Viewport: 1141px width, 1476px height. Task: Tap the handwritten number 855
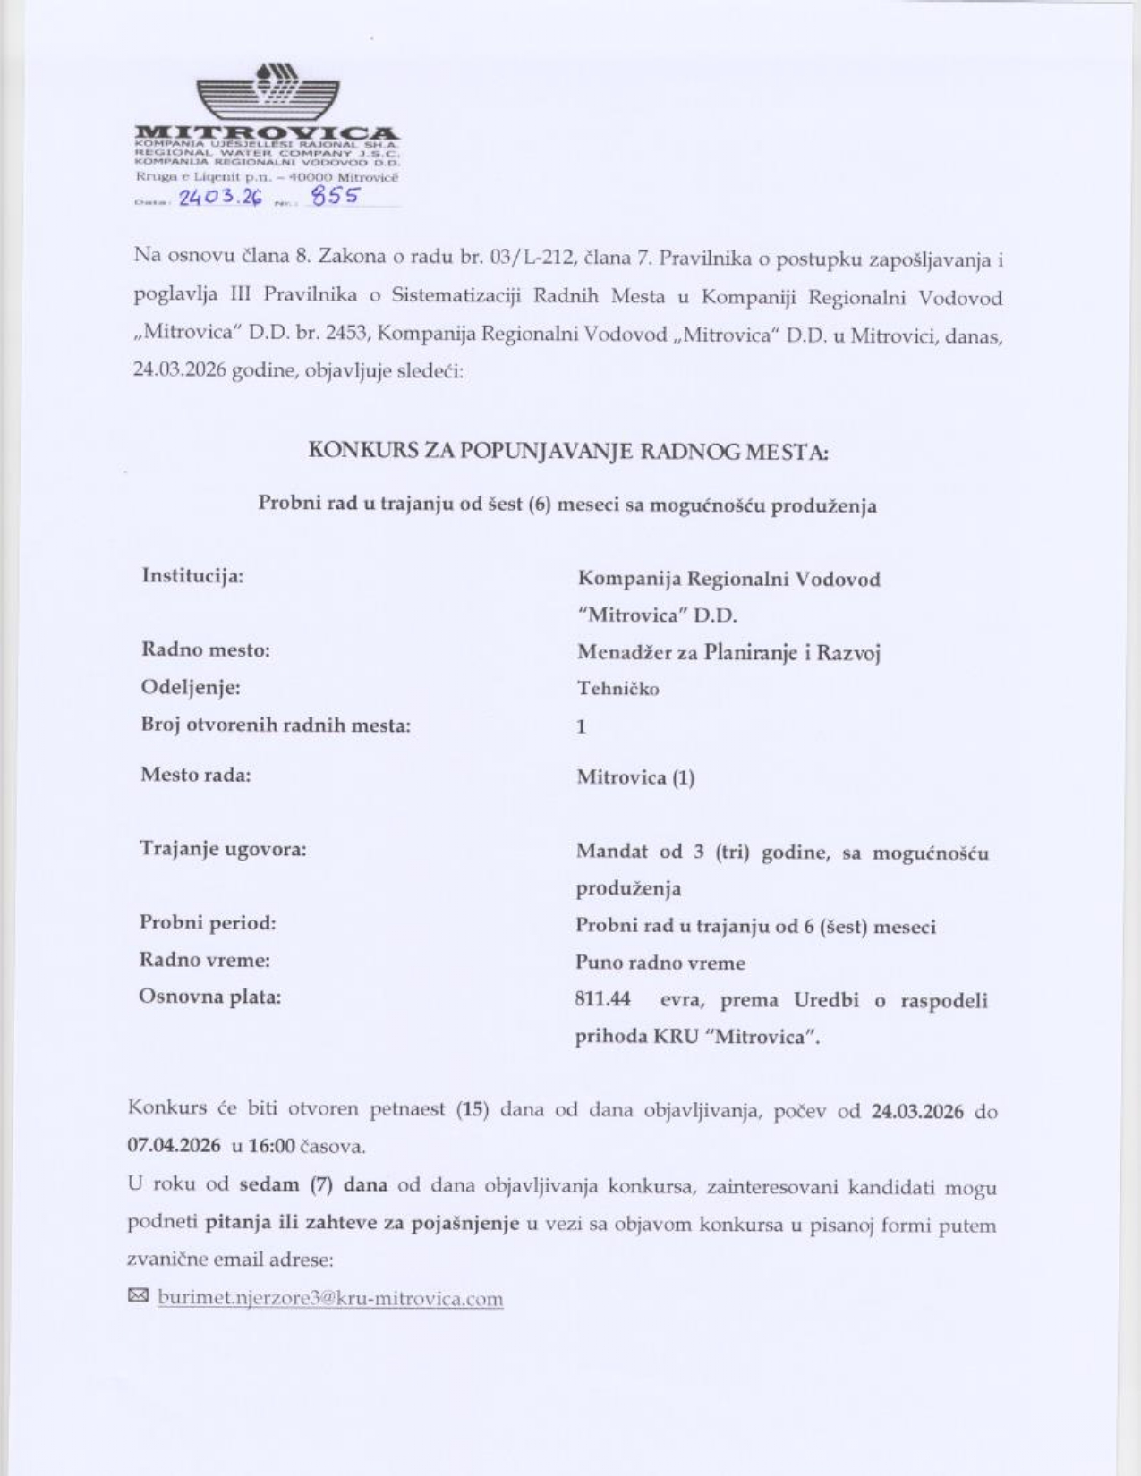333,196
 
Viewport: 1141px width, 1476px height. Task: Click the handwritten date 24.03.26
220,198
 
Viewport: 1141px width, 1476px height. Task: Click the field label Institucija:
192,575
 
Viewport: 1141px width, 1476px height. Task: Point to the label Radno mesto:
206,650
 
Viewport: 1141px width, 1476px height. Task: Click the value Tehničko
618,689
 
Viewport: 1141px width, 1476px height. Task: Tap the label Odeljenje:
191,688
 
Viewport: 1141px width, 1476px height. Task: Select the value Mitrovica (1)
635,777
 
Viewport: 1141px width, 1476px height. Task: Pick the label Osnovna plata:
210,997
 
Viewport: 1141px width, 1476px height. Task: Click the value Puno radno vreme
660,963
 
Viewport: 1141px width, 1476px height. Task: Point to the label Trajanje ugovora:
223,849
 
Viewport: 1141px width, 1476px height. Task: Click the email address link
330,1298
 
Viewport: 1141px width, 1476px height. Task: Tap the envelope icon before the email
139,1296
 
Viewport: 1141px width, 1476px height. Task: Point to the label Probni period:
209,923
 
